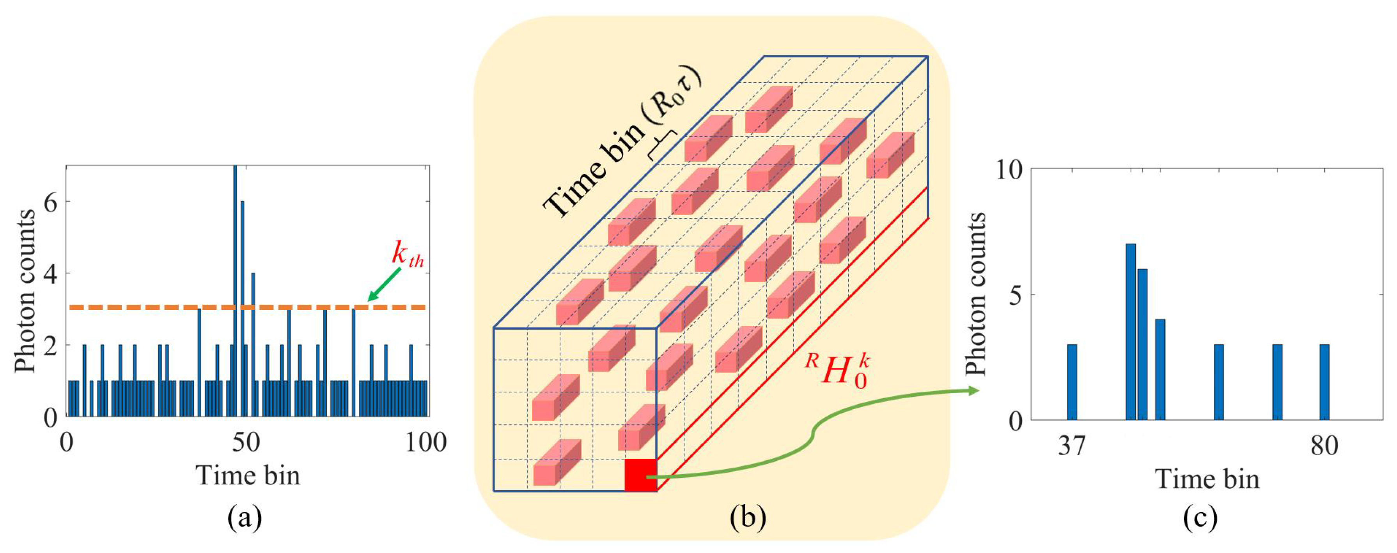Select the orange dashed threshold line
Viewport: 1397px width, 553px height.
click(163, 307)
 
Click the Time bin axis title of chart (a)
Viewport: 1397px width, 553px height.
click(248, 475)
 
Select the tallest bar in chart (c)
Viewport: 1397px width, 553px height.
click(1131, 331)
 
